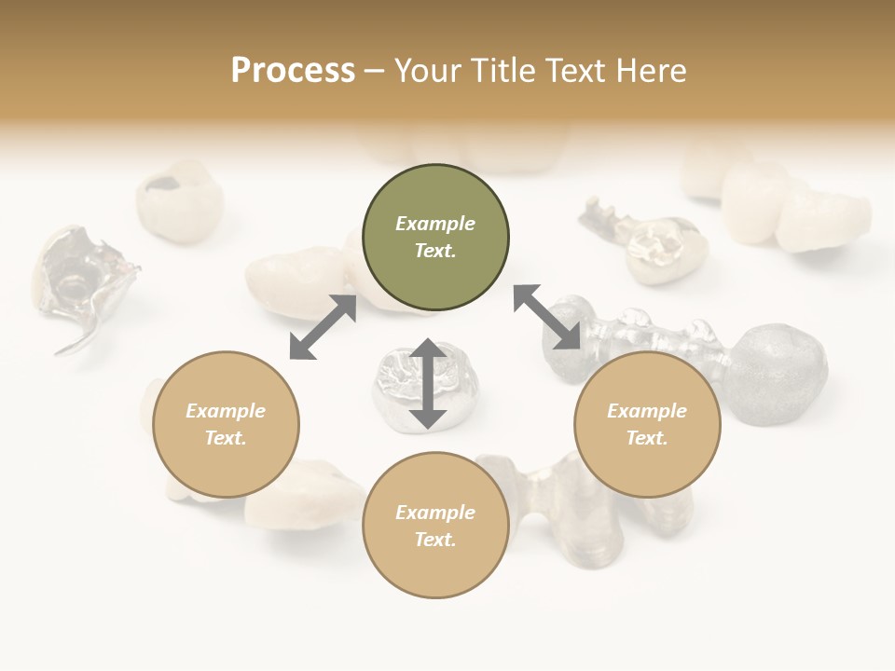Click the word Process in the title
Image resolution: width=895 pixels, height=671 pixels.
coord(293,70)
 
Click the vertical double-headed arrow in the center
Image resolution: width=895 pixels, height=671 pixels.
coord(428,384)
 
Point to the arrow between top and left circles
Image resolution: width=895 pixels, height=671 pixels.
coord(323,327)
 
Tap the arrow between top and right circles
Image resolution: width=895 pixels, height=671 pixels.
coord(547,318)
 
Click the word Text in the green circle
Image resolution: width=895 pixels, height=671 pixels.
coord(435,251)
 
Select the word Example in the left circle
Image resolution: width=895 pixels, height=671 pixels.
coord(226,411)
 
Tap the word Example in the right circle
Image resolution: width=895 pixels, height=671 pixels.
coord(647,411)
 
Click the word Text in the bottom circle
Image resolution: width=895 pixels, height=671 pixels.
coord(435,540)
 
